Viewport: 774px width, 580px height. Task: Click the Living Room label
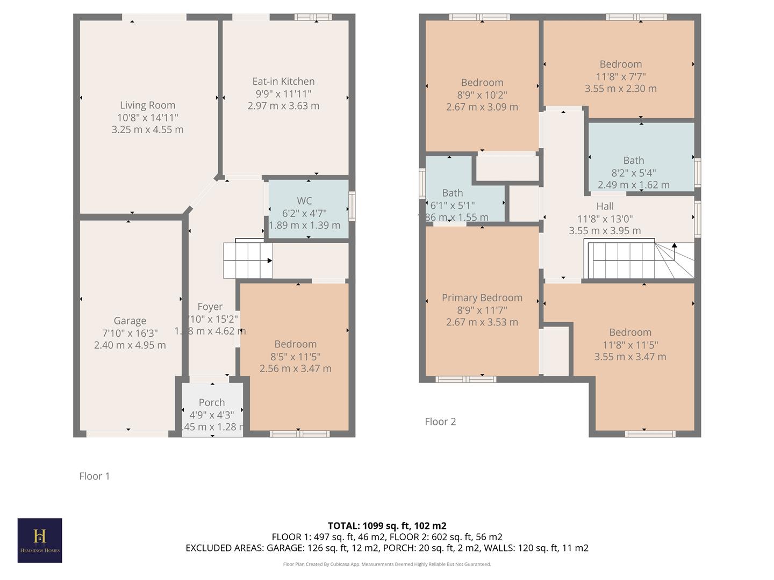[147, 105]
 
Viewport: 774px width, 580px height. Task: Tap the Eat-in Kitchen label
[283, 82]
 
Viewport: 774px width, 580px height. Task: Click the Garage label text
[130, 321]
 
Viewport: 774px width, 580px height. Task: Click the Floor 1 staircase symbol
[248, 260]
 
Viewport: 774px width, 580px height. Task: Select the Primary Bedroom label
[482, 298]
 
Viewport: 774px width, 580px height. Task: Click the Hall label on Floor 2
[605, 206]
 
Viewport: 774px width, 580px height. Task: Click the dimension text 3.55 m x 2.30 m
[620, 89]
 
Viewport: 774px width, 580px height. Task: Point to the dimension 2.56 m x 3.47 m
[295, 368]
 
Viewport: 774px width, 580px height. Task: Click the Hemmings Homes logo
[40, 540]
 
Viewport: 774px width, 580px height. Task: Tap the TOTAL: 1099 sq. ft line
[387, 526]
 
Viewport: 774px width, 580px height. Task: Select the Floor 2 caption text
[440, 422]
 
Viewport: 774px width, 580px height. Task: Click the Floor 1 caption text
[95, 476]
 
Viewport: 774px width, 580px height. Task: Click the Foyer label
[210, 307]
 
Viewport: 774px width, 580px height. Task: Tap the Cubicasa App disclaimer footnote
[387, 564]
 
